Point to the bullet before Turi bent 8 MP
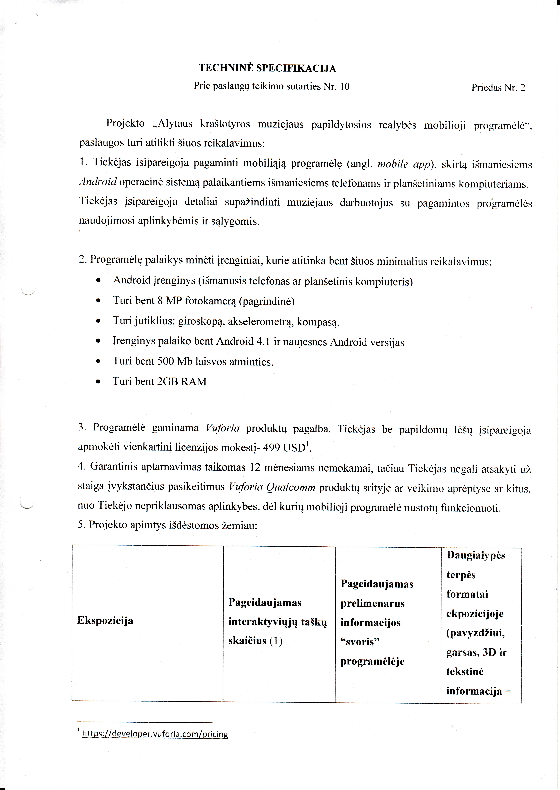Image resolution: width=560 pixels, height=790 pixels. tap(99, 302)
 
